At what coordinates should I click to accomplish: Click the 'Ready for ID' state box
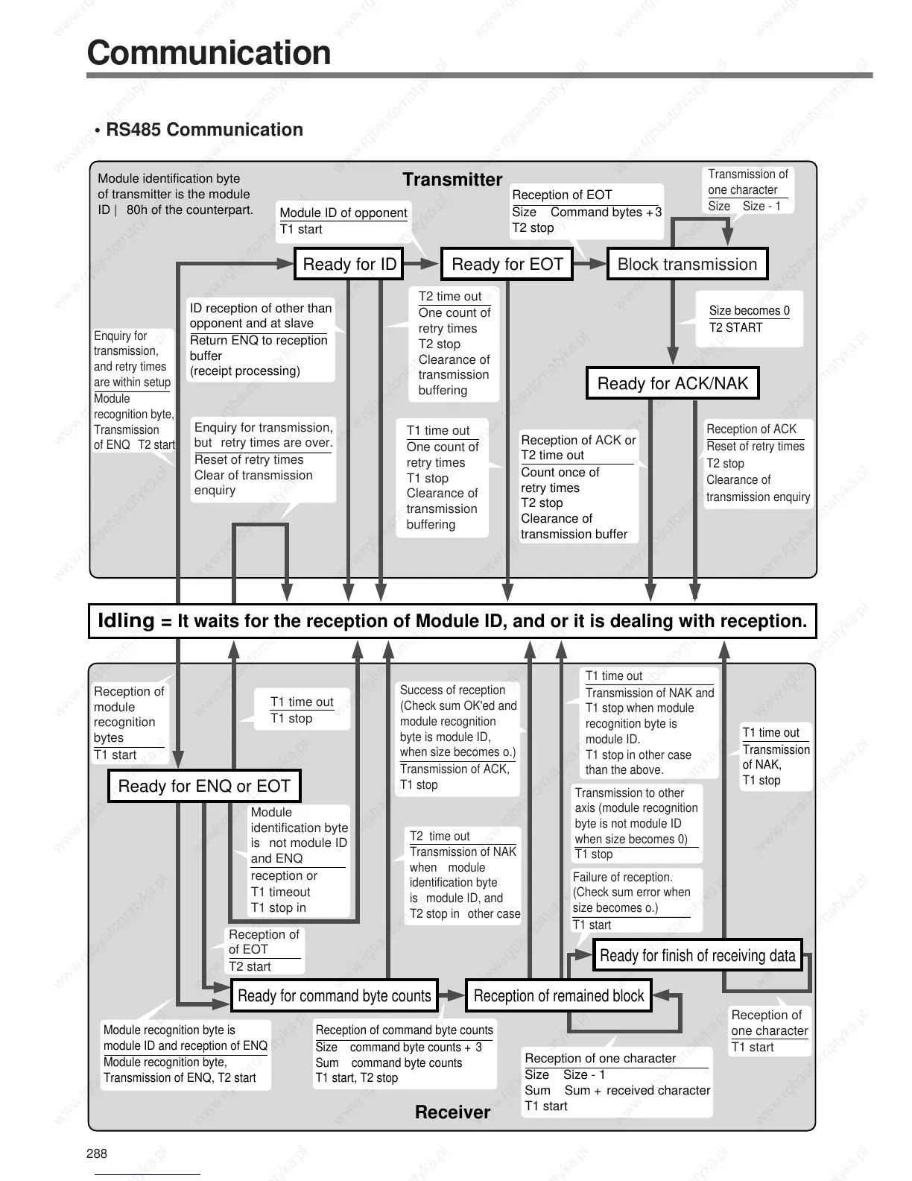pyautogui.click(x=349, y=265)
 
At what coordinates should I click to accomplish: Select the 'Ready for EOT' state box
pyautogui.click(x=507, y=265)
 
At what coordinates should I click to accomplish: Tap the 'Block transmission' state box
pyautogui.click(x=687, y=265)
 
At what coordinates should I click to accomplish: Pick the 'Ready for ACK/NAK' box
pyautogui.click(x=672, y=383)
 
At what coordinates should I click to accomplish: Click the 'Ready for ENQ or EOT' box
pyautogui.click(x=204, y=787)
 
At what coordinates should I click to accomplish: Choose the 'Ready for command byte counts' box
pyautogui.click(x=334, y=996)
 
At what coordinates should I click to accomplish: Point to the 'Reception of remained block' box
pyautogui.click(x=559, y=996)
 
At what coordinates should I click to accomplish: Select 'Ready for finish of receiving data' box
pyautogui.click(x=697, y=956)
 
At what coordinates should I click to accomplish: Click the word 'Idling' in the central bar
pyautogui.click(x=126, y=620)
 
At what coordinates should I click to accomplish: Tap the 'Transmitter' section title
pyautogui.click(x=452, y=180)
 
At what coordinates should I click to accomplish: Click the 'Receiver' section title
pyautogui.click(x=452, y=1112)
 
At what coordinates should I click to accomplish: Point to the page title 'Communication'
pyautogui.click(x=209, y=53)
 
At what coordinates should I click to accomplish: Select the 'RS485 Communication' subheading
pyautogui.click(x=204, y=130)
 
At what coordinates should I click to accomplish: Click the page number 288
pyautogui.click(x=97, y=1153)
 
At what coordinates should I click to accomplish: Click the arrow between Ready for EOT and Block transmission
pyautogui.click(x=590, y=263)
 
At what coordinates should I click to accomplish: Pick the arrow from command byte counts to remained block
pyautogui.click(x=452, y=995)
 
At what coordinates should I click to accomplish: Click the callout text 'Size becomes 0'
pyautogui.click(x=749, y=311)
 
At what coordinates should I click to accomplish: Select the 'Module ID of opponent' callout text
pyautogui.click(x=343, y=212)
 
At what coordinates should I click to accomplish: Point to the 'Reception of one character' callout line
pyautogui.click(x=600, y=1059)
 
